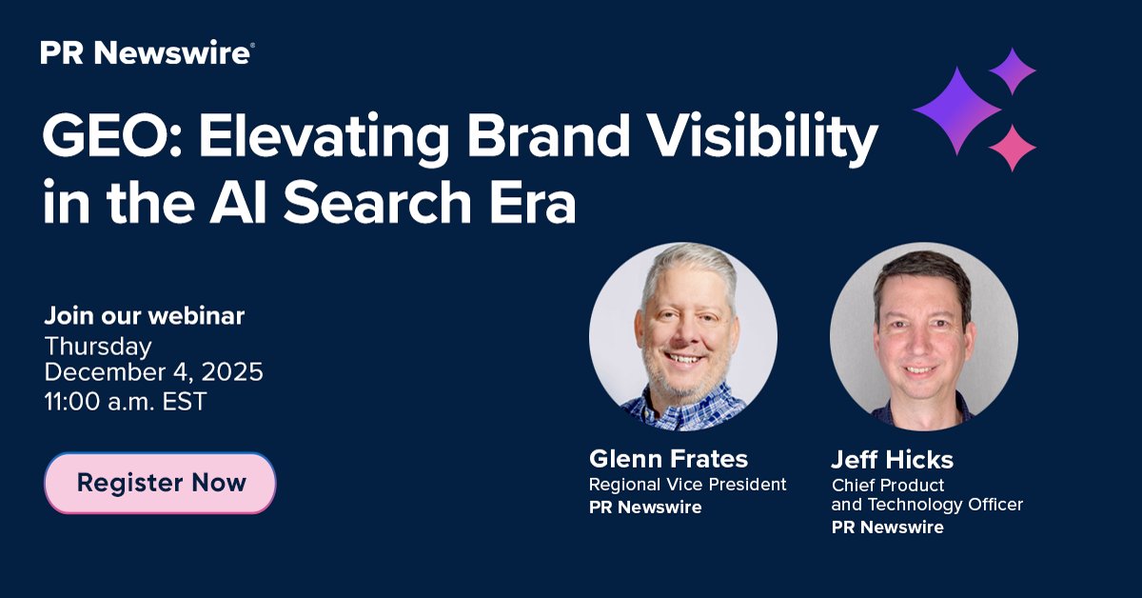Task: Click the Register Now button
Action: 160,483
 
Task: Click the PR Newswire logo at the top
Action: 147,53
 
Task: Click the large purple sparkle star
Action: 955,110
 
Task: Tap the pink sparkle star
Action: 1012,148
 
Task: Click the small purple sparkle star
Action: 1012,70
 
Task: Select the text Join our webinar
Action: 144,315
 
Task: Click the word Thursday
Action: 98,345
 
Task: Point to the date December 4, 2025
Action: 153,372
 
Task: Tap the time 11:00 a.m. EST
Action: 125,401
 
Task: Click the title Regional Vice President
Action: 687,485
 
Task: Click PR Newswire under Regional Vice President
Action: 644,508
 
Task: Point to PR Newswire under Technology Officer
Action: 887,527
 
